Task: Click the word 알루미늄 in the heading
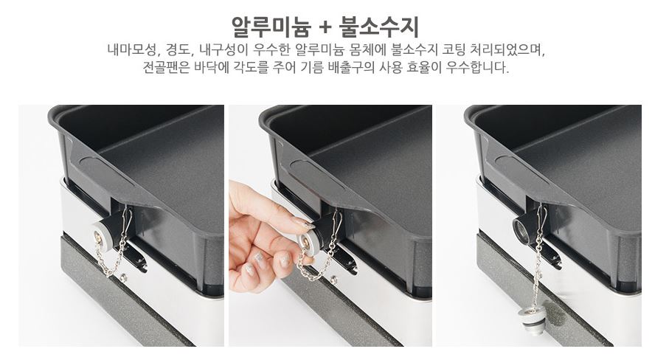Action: [272, 27]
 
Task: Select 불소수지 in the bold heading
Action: [379, 27]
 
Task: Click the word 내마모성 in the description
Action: [133, 51]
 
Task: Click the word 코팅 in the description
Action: [454, 51]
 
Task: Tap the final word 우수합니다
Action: [488, 69]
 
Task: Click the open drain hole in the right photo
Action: [521, 229]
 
